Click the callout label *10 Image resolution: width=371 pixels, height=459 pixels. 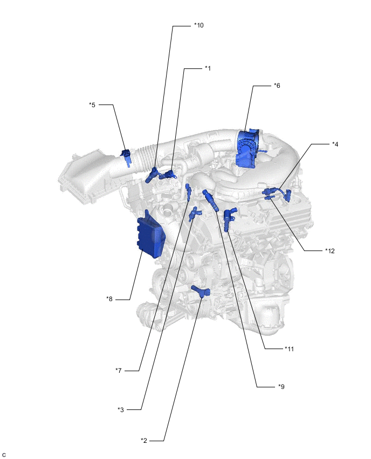[199, 25]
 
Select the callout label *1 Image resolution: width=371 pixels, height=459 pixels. [208, 68]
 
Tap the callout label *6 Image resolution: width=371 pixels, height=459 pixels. [277, 86]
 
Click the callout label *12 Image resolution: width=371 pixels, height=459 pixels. [330, 251]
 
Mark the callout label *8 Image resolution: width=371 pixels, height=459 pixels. [109, 298]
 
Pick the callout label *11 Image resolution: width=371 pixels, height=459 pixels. [289, 349]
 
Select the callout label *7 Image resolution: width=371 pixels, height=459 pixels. [119, 370]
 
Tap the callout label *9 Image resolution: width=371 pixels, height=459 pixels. [281, 386]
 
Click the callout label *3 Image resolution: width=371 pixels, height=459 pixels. [121, 409]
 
